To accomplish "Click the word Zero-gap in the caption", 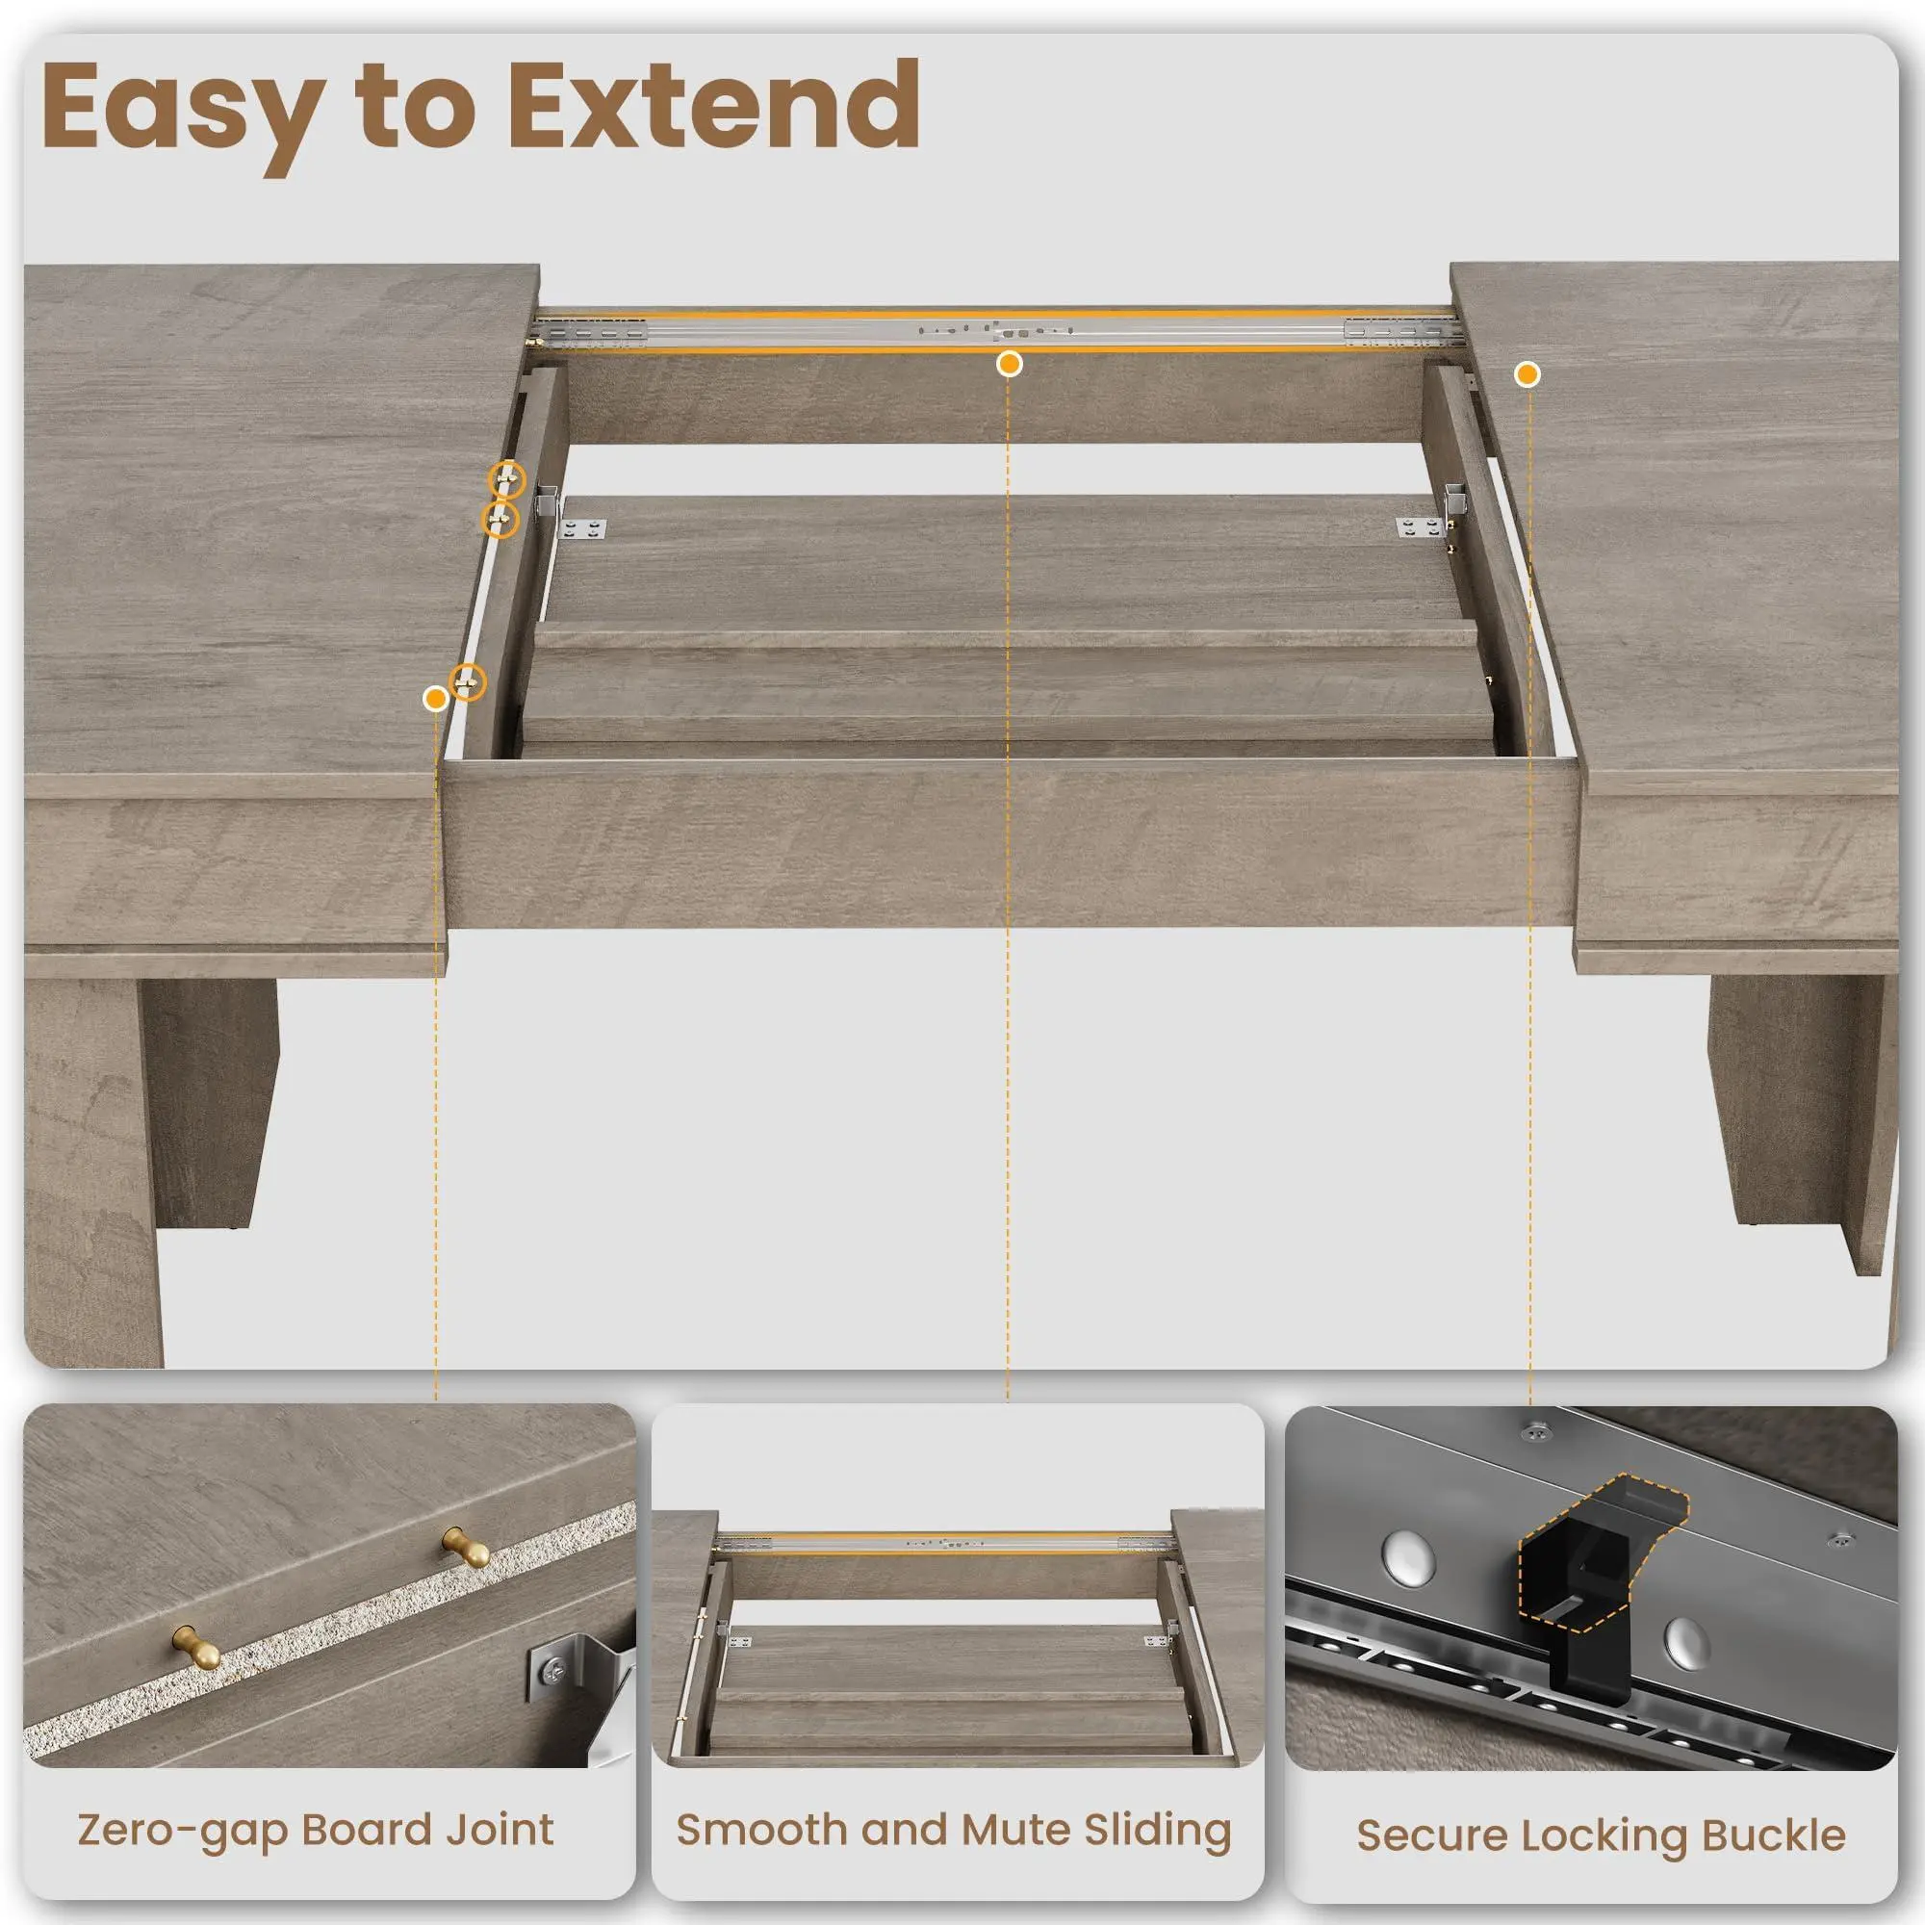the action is [x=182, y=1831].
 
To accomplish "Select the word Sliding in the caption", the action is [x=1157, y=1832].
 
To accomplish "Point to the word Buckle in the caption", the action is [x=1774, y=1835].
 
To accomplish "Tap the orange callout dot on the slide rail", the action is [x=1010, y=364].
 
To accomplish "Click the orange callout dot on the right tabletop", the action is [x=1527, y=373].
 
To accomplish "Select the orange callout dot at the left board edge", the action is [x=434, y=699].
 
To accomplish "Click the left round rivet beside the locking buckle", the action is [x=1407, y=1553].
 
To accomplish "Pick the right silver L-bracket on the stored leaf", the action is [x=1419, y=527].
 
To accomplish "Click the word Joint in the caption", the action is [x=499, y=1831].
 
